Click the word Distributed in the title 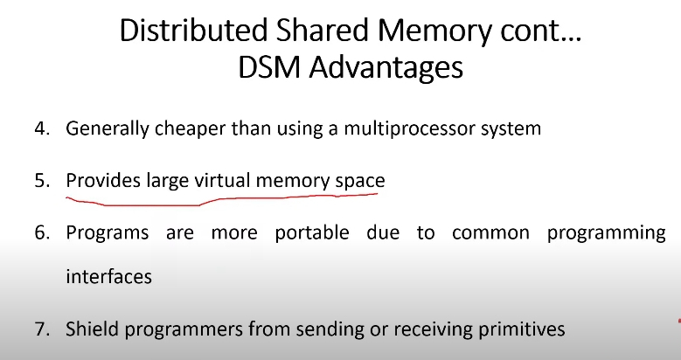tap(193, 31)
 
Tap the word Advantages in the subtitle tap(386, 68)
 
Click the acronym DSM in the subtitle tap(270, 67)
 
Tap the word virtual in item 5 tap(222, 180)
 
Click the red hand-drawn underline tap(222, 200)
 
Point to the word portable tap(312, 233)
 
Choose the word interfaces tap(109, 277)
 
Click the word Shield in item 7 tap(91, 329)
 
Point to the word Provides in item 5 tap(103, 180)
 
